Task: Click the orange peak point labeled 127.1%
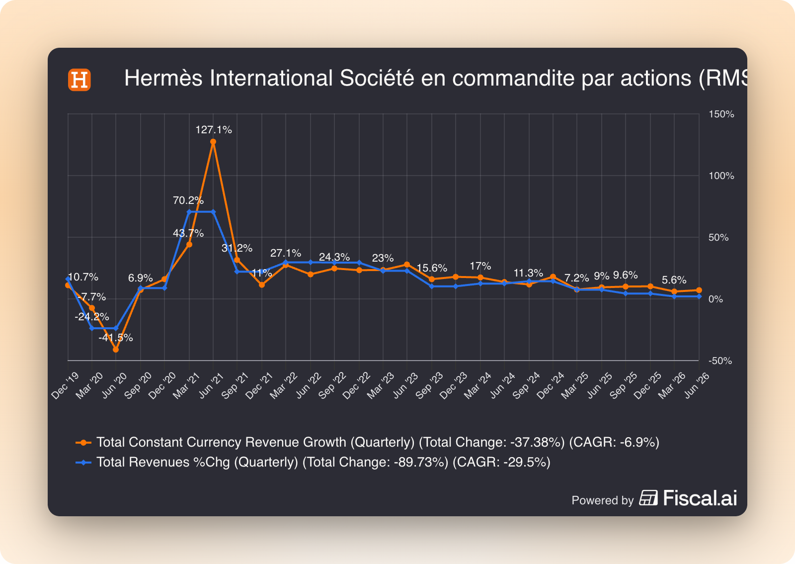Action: [213, 142]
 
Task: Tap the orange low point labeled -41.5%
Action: [116, 350]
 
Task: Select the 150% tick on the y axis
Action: [721, 114]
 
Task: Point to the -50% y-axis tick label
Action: [720, 361]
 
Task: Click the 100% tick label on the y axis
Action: [721, 176]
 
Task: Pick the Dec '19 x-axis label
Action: [65, 386]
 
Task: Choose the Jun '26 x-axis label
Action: [697, 386]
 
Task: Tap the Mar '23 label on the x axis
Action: [381, 386]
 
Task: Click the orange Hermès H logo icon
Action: [79, 80]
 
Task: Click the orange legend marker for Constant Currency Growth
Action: [83, 443]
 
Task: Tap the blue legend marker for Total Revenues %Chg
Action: [83, 463]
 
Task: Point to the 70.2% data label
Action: [188, 200]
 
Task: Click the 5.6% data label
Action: [674, 280]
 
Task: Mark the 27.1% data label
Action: [286, 253]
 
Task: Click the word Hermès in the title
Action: [163, 78]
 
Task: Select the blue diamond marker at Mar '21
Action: [189, 212]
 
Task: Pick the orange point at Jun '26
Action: [699, 290]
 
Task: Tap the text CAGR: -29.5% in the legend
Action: [501, 463]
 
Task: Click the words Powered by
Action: [602, 500]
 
